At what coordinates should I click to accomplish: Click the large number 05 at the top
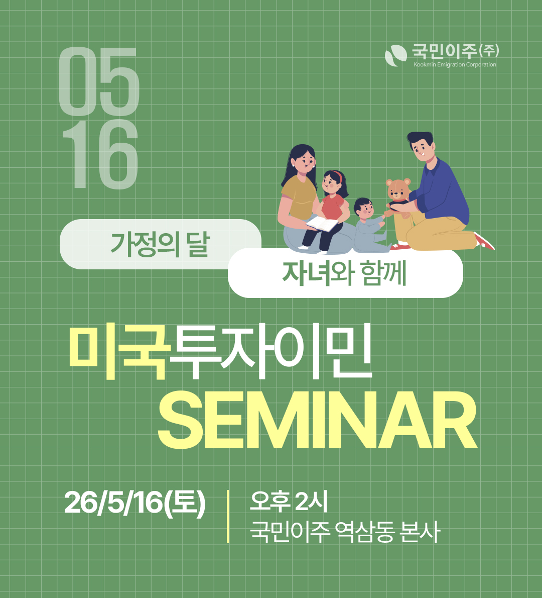click(x=99, y=81)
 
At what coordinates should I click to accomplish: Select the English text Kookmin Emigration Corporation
click(x=455, y=65)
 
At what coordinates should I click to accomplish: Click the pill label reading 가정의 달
click(x=160, y=244)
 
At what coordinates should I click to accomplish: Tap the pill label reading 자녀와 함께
click(x=344, y=273)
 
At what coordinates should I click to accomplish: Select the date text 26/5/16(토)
click(x=134, y=502)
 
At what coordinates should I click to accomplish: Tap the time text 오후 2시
click(x=289, y=501)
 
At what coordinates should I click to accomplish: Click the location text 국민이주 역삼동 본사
click(x=344, y=532)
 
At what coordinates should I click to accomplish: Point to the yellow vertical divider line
click(x=228, y=516)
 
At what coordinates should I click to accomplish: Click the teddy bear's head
click(x=398, y=188)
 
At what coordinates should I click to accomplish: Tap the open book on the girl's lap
click(x=322, y=223)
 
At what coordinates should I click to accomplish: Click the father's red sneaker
click(x=484, y=241)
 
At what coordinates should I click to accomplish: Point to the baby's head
click(x=363, y=207)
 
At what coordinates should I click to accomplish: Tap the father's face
click(x=423, y=147)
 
